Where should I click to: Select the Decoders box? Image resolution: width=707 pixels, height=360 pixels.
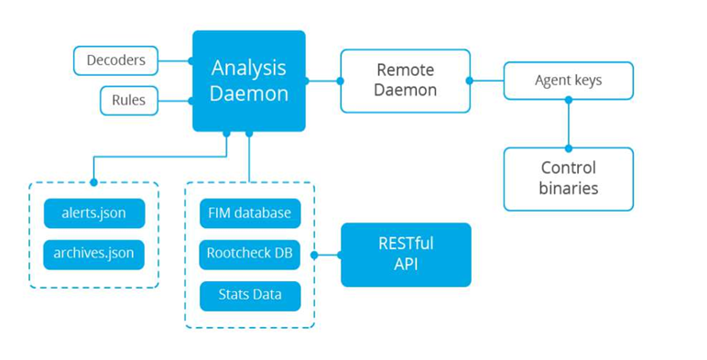(115, 60)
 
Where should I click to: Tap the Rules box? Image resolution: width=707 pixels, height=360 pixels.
(128, 100)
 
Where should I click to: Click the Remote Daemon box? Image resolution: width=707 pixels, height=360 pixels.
(405, 81)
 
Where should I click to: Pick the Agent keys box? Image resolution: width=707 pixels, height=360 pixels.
(568, 81)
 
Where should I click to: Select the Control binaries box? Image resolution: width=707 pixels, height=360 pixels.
(568, 178)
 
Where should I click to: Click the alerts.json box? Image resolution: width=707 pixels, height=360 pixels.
(94, 214)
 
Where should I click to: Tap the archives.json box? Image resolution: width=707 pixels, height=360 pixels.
(94, 254)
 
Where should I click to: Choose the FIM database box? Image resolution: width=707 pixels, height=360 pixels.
(249, 213)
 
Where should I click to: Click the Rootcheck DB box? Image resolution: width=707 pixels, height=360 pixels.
(249, 254)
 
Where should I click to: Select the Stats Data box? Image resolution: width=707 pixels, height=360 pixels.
(249, 295)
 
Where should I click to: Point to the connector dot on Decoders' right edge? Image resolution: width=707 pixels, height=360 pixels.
(191, 61)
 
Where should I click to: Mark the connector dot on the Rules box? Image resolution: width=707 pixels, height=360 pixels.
(191, 101)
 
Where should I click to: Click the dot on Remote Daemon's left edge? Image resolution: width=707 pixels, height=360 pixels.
(341, 81)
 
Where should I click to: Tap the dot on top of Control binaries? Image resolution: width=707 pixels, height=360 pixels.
(568, 147)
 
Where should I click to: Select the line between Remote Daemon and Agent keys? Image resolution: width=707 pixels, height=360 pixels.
(486, 81)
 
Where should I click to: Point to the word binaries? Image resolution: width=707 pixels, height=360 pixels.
(568, 189)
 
